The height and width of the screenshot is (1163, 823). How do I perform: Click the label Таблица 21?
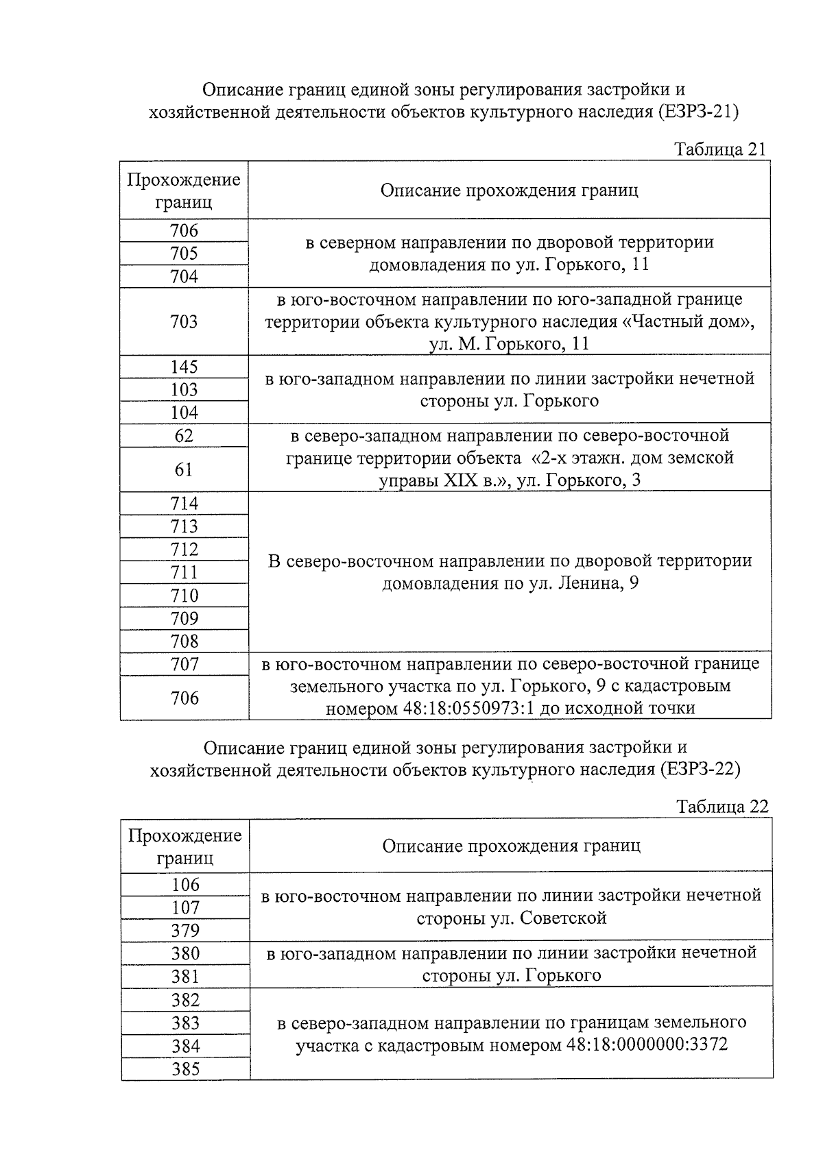(719, 149)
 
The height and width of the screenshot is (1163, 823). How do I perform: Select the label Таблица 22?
(721, 806)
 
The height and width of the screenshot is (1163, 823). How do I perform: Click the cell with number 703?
(184, 321)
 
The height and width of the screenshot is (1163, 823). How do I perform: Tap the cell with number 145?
(184, 367)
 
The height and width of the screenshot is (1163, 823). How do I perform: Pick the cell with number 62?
(184, 436)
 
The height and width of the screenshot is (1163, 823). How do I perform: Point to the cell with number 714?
(184, 504)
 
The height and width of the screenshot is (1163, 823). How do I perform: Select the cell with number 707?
(184, 664)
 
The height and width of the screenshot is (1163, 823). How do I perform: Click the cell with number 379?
(185, 931)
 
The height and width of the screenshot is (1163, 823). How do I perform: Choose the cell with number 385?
(185, 1069)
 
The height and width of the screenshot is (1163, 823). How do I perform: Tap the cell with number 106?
(185, 885)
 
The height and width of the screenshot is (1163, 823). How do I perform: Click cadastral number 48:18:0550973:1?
(463, 708)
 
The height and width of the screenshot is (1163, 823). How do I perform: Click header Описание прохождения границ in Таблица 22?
(511, 846)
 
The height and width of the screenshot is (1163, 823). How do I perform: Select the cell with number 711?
(184, 572)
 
